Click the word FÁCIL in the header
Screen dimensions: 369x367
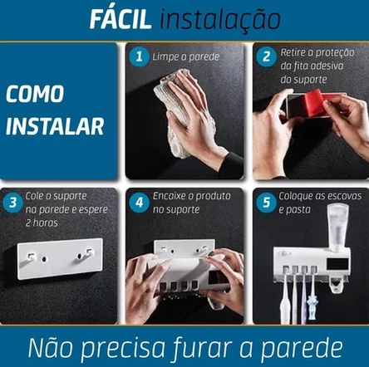121,18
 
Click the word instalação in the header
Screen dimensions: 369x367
220,19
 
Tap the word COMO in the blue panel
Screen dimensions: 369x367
35,94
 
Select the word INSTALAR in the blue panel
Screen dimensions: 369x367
55,126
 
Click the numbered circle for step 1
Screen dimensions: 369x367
139,56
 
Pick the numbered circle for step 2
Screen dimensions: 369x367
266,56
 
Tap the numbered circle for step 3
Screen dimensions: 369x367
12,203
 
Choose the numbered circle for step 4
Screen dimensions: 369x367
139,203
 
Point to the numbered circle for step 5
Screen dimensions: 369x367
266,203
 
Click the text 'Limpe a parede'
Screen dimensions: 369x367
185,57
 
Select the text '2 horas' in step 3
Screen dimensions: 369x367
42,223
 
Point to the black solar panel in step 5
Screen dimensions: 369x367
337,265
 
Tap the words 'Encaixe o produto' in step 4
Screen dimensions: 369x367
192,196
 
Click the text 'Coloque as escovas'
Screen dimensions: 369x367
320,196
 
